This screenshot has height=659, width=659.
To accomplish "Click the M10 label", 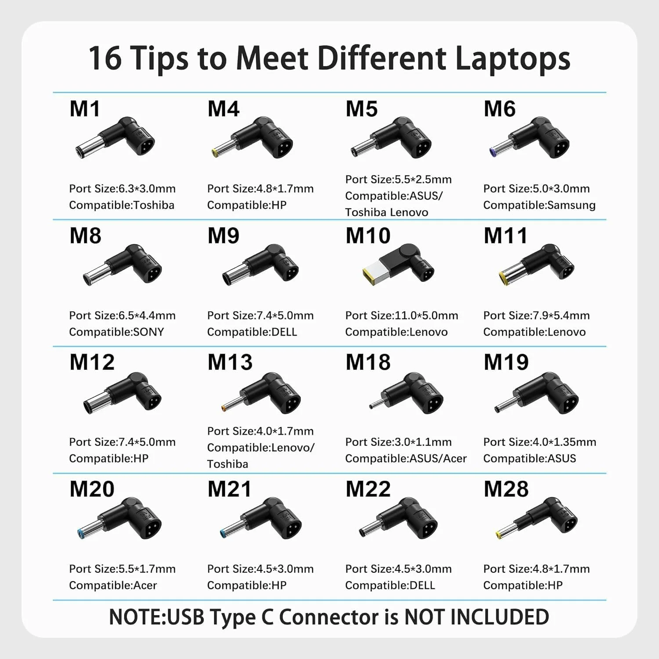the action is click(x=368, y=235).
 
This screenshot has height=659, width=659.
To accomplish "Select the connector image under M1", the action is click(x=115, y=138).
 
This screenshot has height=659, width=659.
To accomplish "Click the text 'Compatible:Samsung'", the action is click(x=540, y=205).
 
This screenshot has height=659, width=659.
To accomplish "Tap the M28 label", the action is click(x=506, y=489).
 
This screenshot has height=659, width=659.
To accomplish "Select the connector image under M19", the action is click(x=536, y=393).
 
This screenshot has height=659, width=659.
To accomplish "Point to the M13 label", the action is click(x=230, y=362).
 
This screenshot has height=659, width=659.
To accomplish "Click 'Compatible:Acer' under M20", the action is click(x=113, y=586).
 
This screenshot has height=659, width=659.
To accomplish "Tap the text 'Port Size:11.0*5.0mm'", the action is click(x=402, y=315).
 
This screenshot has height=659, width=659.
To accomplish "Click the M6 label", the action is click(x=500, y=109).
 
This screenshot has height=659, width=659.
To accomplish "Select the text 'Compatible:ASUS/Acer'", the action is click(x=406, y=459).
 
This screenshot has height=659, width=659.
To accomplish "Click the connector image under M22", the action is click(x=398, y=518).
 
